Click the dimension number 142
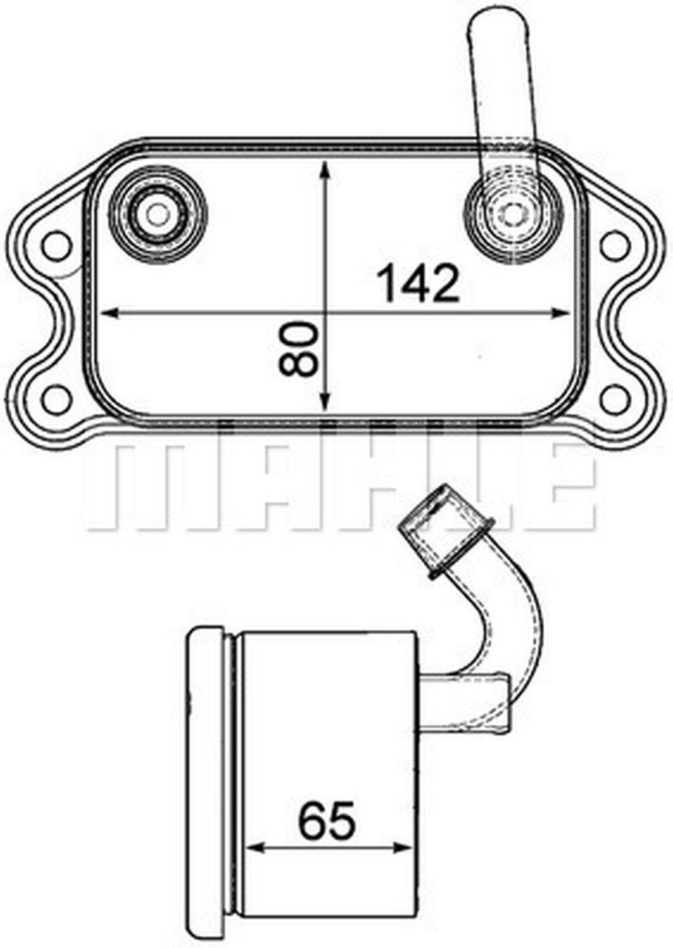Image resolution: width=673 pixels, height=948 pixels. (x=418, y=284)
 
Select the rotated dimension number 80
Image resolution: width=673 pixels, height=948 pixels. (x=299, y=348)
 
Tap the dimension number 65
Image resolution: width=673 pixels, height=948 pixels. (x=327, y=820)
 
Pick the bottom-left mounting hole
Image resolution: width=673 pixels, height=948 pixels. (x=56, y=398)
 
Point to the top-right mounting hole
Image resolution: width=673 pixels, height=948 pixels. (x=614, y=245)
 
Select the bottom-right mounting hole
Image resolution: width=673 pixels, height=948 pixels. (x=614, y=398)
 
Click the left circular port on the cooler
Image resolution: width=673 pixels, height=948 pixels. (x=157, y=214)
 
